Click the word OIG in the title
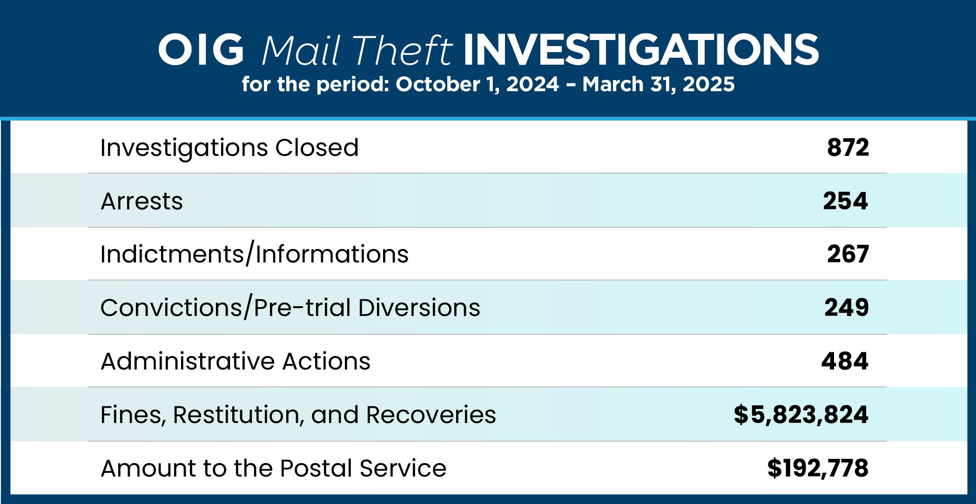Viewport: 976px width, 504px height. (x=201, y=49)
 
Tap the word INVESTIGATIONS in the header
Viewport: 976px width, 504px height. (x=641, y=49)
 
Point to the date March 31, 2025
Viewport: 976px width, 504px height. (x=658, y=84)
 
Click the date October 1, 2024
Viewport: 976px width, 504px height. (x=477, y=84)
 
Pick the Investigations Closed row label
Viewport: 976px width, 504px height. (x=229, y=148)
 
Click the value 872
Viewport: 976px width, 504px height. (x=848, y=148)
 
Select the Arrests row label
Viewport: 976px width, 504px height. (x=141, y=201)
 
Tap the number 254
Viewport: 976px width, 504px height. (x=845, y=201)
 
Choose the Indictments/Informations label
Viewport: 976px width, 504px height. (x=255, y=254)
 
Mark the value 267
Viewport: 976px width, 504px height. (x=848, y=254)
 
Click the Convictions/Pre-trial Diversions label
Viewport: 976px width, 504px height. (x=290, y=308)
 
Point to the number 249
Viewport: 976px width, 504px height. (x=847, y=308)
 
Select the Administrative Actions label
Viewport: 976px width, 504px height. (x=236, y=361)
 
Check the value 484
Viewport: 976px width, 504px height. (x=845, y=361)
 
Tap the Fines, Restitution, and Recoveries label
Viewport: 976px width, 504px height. (x=298, y=415)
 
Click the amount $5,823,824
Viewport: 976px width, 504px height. (x=801, y=415)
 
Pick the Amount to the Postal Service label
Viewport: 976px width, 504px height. (x=274, y=468)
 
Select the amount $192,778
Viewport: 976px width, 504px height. (x=818, y=468)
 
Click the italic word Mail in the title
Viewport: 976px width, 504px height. (x=301, y=50)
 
